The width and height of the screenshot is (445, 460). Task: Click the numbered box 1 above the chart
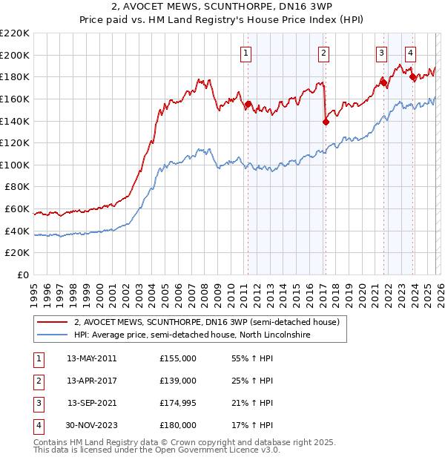tap(245, 53)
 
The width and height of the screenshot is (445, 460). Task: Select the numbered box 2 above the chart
tap(324, 53)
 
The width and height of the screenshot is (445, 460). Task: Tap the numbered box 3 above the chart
tap(381, 53)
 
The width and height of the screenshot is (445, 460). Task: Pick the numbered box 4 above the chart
tap(410, 53)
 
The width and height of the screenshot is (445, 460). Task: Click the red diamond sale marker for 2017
tap(326, 122)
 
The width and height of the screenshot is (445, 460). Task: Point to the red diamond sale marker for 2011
tap(248, 105)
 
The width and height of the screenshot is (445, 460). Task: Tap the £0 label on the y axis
tap(22, 275)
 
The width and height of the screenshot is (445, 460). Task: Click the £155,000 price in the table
tap(178, 358)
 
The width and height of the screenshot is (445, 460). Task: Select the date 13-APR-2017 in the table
tap(91, 381)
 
